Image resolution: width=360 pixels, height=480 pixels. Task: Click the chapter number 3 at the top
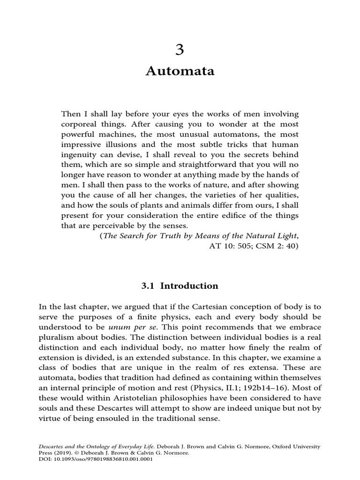tap(180, 49)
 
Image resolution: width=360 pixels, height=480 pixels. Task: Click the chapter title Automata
tap(180, 71)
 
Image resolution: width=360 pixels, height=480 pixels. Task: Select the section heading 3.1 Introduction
tap(180, 286)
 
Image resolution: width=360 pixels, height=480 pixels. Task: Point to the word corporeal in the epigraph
tap(79, 125)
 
